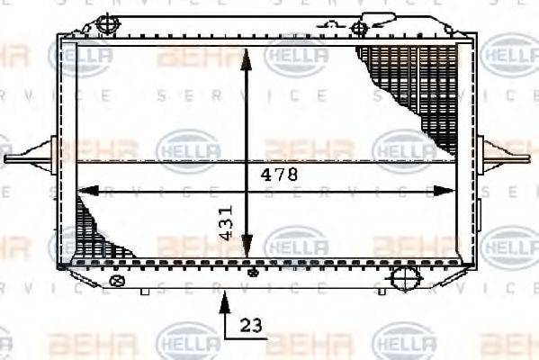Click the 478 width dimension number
[280, 175]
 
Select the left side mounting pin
[27, 159]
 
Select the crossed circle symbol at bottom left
[114, 281]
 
